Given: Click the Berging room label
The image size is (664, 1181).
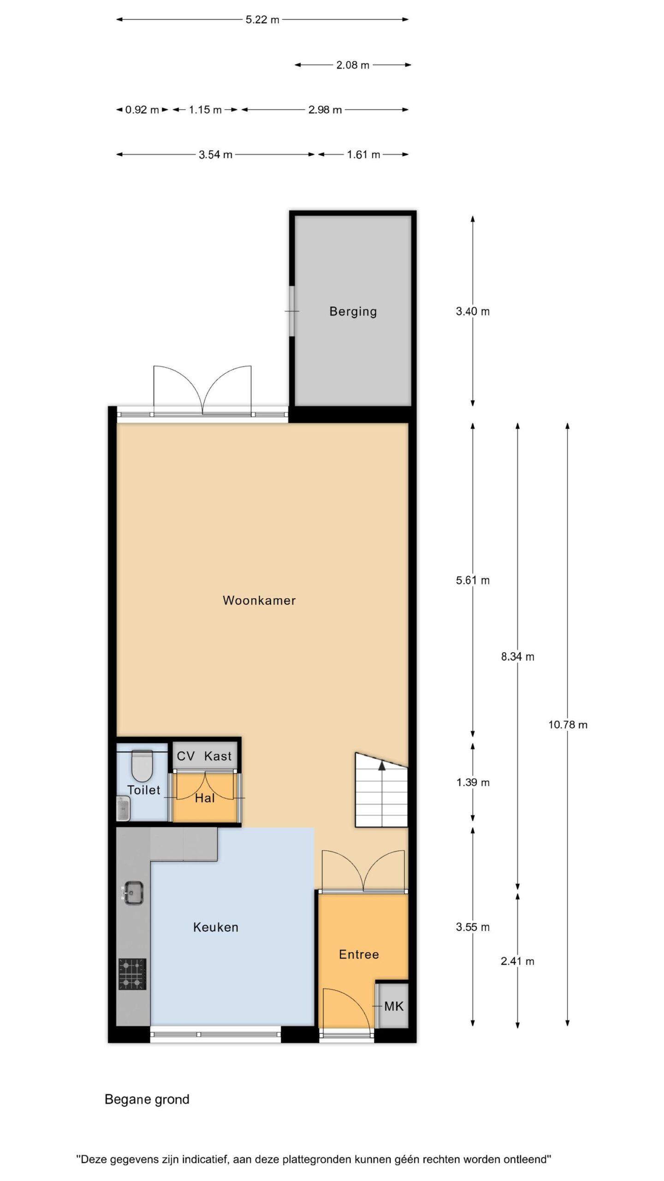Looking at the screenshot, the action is pyautogui.click(x=353, y=312).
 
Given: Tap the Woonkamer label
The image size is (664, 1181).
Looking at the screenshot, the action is pyautogui.click(x=259, y=600).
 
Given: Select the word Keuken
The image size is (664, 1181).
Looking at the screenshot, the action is pyautogui.click(x=216, y=927).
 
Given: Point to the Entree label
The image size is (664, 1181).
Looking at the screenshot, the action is pyautogui.click(x=359, y=954).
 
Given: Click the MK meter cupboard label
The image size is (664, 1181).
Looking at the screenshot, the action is pyautogui.click(x=394, y=1006).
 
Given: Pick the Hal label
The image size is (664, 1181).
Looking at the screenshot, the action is pyautogui.click(x=205, y=798).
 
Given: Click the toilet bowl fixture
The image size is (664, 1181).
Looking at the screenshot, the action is pyautogui.click(x=142, y=765).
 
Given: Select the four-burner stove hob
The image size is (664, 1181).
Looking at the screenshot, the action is pyautogui.click(x=132, y=974).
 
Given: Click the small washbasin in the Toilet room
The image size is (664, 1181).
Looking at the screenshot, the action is pyautogui.click(x=123, y=809).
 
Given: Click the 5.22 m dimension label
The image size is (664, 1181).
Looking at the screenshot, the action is pyautogui.click(x=262, y=20).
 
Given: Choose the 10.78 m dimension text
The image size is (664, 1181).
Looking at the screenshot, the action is pyautogui.click(x=568, y=725).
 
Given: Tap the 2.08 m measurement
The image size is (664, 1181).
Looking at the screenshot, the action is pyautogui.click(x=353, y=65).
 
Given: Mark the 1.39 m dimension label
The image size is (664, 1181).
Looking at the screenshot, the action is pyautogui.click(x=473, y=782).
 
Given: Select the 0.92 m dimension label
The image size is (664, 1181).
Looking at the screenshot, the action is pyautogui.click(x=142, y=110).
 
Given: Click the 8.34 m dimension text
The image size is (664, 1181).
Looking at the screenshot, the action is pyautogui.click(x=518, y=656).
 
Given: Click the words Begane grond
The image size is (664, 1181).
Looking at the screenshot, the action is pyautogui.click(x=147, y=1099).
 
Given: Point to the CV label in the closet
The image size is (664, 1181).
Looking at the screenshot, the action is pyautogui.click(x=186, y=756).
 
